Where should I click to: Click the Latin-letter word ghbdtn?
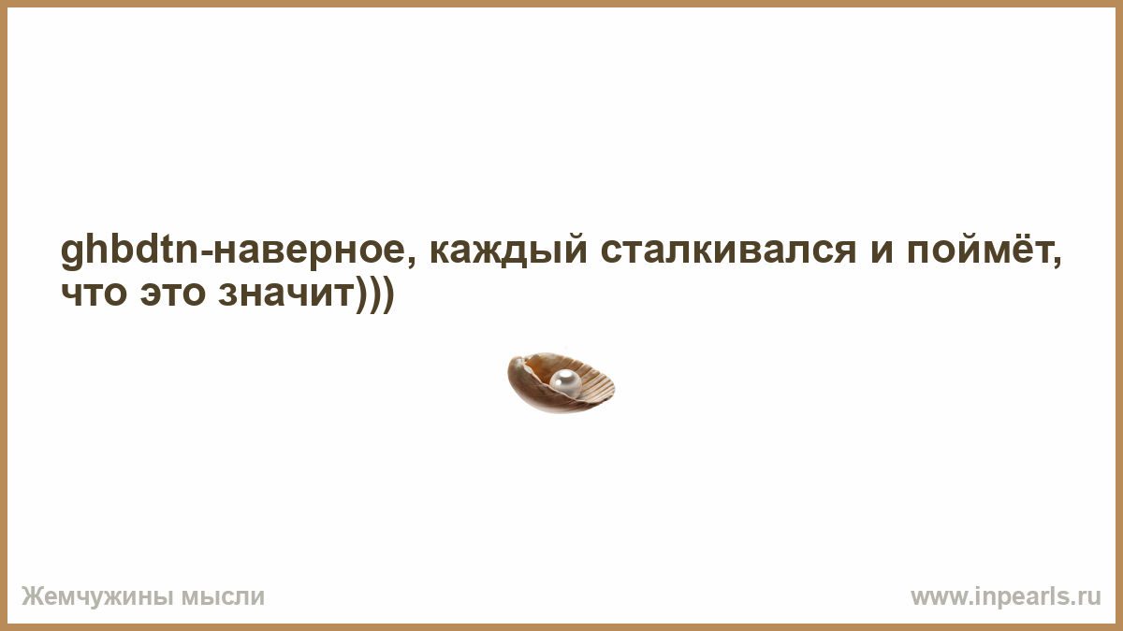coord(130,251)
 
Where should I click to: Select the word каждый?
coord(508,251)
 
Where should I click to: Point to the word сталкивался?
coord(728,251)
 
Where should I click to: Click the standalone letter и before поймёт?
coord(882,251)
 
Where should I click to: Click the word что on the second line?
coord(94,294)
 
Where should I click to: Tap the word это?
coord(173,294)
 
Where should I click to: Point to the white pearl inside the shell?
coord(565,382)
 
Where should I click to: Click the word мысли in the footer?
coord(223,597)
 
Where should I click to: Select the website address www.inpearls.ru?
coord(1006,597)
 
